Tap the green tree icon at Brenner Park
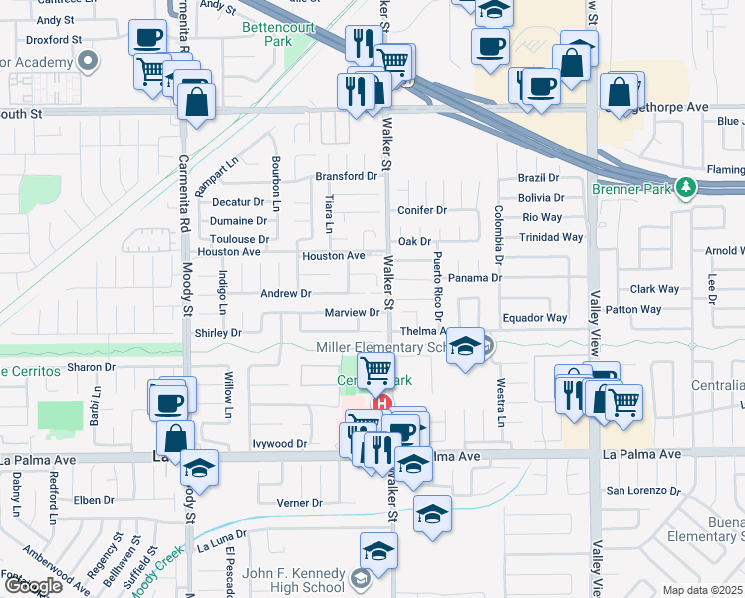pos(685,187)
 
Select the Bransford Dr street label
pos(347,176)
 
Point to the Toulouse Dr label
pos(240,239)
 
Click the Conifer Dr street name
pos(422,210)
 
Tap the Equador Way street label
pos(534,318)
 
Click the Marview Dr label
pos(353,313)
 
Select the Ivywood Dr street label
pos(279,443)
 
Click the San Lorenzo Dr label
pos(643,491)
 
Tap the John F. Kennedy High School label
pos(293,580)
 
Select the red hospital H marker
pos(380,404)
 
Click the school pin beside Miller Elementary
pos(464,346)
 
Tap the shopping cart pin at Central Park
pos(375,371)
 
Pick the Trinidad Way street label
pos(551,237)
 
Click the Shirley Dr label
pos(218,333)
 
